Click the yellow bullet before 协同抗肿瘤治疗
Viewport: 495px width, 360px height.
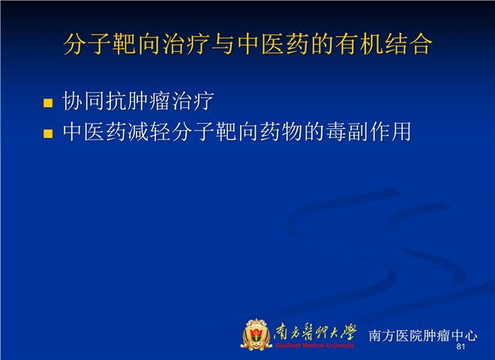click(x=48, y=103)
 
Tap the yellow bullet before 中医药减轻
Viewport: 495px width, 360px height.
click(x=48, y=133)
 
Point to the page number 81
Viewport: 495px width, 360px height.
click(x=460, y=346)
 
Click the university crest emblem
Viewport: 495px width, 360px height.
click(x=256, y=334)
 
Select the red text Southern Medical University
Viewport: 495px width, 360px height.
click(x=315, y=346)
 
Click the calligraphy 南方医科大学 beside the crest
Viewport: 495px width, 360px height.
click(x=315, y=332)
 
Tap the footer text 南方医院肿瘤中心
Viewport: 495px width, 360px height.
click(x=423, y=335)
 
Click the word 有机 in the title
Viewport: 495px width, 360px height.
click(x=358, y=44)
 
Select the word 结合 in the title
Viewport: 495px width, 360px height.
click(x=408, y=44)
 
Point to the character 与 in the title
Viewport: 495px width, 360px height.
click(x=223, y=44)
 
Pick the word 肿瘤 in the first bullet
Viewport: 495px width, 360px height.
click(x=138, y=101)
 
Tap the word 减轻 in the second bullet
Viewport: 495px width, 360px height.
click(x=149, y=132)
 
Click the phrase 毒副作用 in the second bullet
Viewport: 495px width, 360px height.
click(x=368, y=132)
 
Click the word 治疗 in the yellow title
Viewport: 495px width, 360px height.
click(x=186, y=44)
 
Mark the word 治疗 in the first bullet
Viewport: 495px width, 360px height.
click(x=193, y=101)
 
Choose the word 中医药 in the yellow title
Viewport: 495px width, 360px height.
click(x=273, y=44)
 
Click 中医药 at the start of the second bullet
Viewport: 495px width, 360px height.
click(x=94, y=132)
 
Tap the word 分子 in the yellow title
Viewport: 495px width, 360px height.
click(x=88, y=44)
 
